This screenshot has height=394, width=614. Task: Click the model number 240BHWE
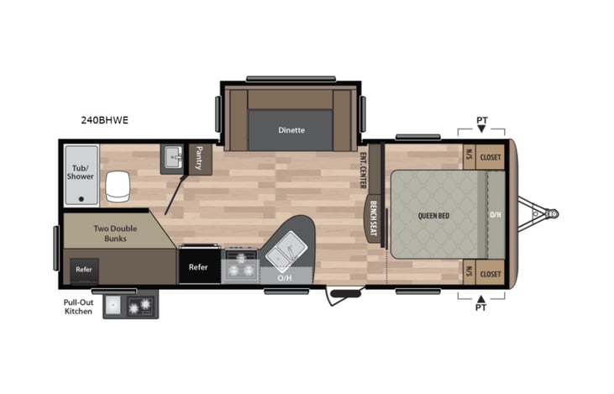(x=105, y=120)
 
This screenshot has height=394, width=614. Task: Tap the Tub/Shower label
(x=80, y=171)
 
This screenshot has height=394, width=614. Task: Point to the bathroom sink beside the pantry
(x=173, y=157)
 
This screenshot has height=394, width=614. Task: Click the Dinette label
(x=291, y=130)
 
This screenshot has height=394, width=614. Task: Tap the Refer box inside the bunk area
(x=84, y=270)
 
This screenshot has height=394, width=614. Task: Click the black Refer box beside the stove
(x=198, y=266)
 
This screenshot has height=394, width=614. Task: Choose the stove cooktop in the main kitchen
(x=240, y=265)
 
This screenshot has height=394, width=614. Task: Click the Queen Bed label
(x=433, y=215)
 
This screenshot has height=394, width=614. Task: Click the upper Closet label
(x=491, y=156)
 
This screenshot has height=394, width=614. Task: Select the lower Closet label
(x=491, y=273)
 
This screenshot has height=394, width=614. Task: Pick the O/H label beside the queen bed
(x=496, y=214)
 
